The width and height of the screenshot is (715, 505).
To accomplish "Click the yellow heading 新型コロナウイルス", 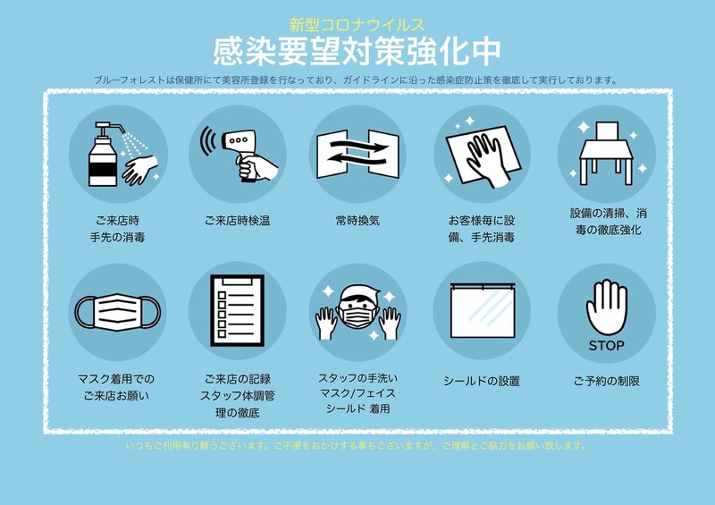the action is pyautogui.click(x=357, y=24).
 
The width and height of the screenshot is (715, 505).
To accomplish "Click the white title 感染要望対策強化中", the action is pyautogui.click(x=357, y=51).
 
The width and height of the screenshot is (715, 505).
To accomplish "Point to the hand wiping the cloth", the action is pyautogui.click(x=488, y=161).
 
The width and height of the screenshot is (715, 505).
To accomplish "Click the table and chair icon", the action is pyautogui.click(x=607, y=153).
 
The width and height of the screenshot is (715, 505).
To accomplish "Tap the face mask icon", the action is pyautogui.click(x=118, y=312).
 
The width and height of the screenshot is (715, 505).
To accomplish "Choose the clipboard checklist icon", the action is pyautogui.click(x=237, y=310).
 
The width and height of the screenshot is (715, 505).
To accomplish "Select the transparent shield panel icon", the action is pyautogui.click(x=483, y=311).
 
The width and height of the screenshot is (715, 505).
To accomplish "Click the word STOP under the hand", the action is pyautogui.click(x=606, y=346).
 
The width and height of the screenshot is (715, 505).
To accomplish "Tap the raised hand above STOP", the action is pyautogui.click(x=607, y=307).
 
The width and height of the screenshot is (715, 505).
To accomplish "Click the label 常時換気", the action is pyautogui.click(x=357, y=221).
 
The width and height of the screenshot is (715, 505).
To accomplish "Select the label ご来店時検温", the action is pyautogui.click(x=237, y=221).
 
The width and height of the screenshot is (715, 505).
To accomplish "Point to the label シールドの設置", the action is pyautogui.click(x=482, y=381).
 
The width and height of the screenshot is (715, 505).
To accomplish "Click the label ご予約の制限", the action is pyautogui.click(x=607, y=381).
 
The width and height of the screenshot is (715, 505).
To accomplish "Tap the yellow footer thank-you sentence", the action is pyautogui.click(x=356, y=446).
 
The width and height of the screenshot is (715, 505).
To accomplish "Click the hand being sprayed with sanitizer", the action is pyautogui.click(x=140, y=170).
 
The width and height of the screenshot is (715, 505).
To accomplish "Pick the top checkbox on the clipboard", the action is pyautogui.click(x=222, y=295).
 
